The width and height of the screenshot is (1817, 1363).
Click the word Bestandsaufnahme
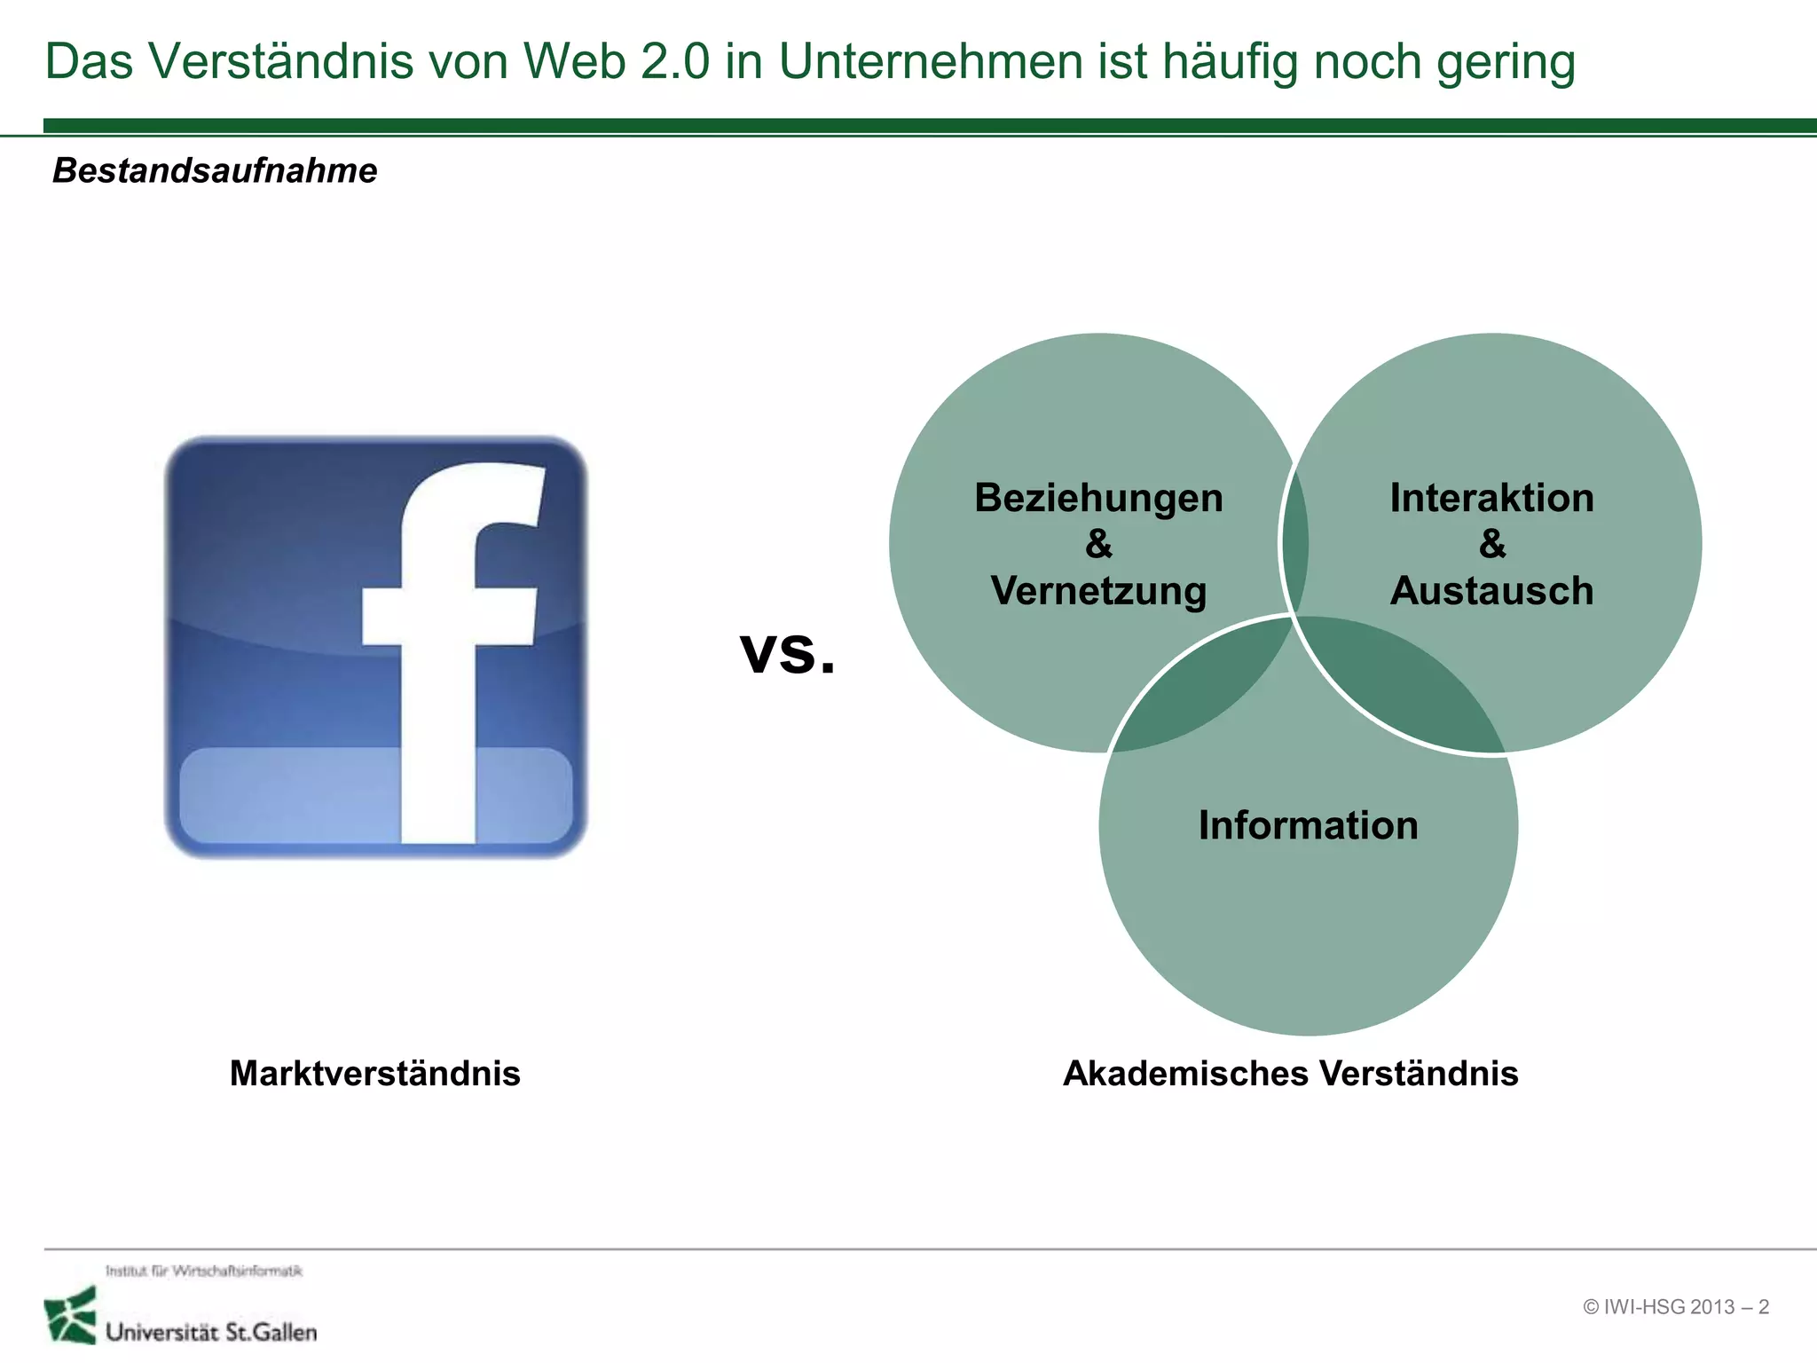[215, 170]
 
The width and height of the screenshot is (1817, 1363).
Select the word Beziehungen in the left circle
[1098, 499]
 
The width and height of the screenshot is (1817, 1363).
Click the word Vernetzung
[1098, 592]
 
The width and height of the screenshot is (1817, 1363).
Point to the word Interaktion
[1491, 498]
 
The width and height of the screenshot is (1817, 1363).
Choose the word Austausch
[1491, 591]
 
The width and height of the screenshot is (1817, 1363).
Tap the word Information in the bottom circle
[1308, 825]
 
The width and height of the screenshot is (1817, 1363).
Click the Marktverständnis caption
[374, 1074]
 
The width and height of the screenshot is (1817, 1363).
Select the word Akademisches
[1184, 1074]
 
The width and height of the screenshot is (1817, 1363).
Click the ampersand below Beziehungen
[1098, 544]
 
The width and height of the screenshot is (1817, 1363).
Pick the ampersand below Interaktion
[1492, 544]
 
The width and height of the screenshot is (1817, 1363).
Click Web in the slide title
[573, 62]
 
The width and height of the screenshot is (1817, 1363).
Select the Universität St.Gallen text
[211, 1332]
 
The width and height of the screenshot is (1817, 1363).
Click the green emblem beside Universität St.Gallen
[70, 1315]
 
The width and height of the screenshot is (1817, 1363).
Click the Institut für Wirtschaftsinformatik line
[204, 1271]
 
